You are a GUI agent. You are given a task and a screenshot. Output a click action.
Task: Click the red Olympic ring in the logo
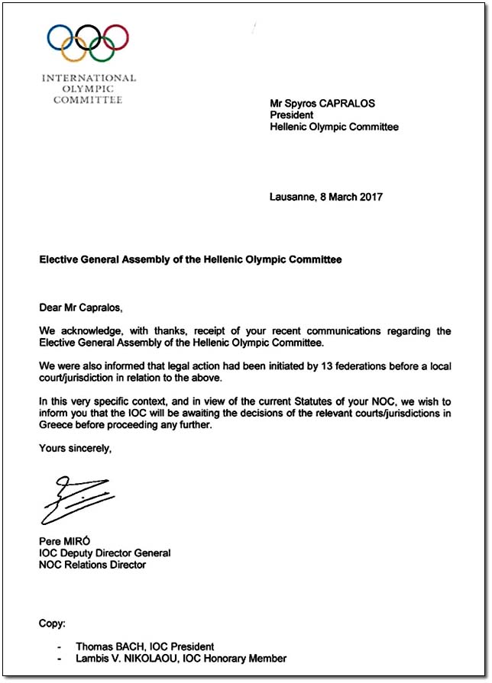(x=116, y=37)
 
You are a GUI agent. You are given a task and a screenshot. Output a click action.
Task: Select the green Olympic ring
(x=102, y=49)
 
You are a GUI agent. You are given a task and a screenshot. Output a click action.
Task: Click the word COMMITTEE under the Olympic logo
(x=88, y=100)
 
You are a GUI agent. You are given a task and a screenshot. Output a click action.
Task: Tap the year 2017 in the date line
(x=370, y=197)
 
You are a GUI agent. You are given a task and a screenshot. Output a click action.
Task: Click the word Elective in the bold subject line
(x=60, y=259)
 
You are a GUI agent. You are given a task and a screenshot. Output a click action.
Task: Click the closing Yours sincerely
(x=76, y=448)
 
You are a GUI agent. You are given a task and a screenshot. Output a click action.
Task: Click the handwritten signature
(x=76, y=499)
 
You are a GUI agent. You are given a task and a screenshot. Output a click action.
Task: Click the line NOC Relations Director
(x=92, y=565)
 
